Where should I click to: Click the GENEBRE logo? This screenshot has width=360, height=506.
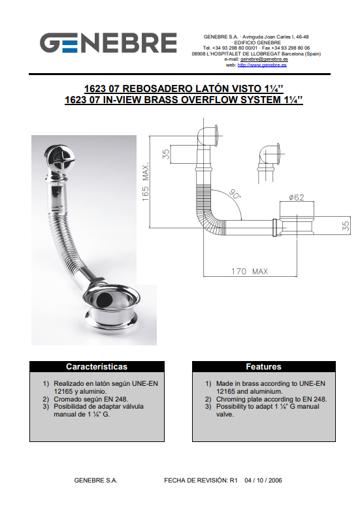click(x=108, y=42)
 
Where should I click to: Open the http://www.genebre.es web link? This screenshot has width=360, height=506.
click(x=262, y=65)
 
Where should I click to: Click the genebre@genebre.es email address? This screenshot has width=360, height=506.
click(x=264, y=59)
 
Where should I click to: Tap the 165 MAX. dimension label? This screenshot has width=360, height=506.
click(x=146, y=182)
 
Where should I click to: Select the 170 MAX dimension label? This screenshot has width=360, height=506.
click(x=250, y=272)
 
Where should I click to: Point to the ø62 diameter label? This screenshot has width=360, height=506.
click(x=297, y=197)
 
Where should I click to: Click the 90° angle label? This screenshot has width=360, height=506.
click(x=235, y=194)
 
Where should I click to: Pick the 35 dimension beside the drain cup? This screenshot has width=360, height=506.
click(x=346, y=225)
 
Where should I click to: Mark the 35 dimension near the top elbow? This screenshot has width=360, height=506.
click(x=166, y=154)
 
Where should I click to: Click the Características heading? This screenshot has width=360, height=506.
click(x=97, y=366)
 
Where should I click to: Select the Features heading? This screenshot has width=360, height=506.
click(x=263, y=366)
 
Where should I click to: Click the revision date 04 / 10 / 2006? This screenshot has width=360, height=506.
click(x=263, y=480)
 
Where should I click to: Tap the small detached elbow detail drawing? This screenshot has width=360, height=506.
click(x=270, y=163)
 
